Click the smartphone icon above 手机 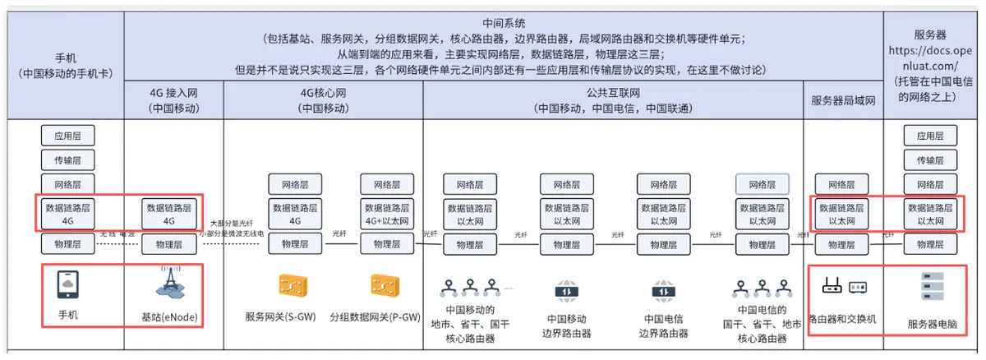68,284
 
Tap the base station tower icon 169,284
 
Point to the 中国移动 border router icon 566,292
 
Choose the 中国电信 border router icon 663,292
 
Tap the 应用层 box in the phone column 68,136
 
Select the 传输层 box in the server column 930,160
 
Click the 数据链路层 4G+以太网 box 388,214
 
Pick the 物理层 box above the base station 169,244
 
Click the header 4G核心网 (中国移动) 323,100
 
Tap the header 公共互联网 611,92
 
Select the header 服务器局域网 842,100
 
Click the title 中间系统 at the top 504,23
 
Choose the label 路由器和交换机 842,317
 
